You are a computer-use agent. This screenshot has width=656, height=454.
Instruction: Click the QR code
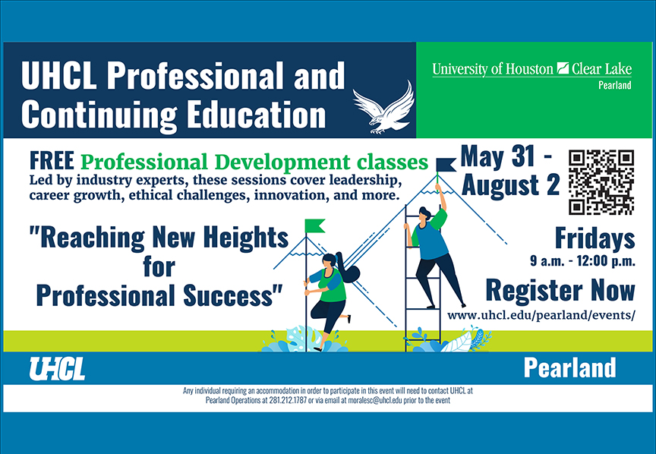point(601,182)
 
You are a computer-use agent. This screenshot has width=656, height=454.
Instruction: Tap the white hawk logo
point(383,108)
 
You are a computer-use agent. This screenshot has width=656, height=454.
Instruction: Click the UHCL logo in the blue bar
point(57,369)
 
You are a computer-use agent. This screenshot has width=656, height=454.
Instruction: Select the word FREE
point(52,161)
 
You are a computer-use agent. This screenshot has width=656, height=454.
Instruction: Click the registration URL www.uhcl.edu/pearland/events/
point(541,315)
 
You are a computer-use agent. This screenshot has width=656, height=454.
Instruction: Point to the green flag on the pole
point(314,225)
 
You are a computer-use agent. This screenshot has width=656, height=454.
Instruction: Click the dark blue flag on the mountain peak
point(446,165)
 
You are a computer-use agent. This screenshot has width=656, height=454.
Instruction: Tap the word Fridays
point(595,239)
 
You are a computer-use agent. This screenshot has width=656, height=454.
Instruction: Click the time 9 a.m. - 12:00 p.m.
point(583,261)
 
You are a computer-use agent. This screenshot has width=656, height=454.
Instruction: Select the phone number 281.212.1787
point(288,400)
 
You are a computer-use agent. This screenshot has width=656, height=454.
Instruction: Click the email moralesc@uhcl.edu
point(375,400)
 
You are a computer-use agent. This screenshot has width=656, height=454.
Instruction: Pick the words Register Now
point(560,290)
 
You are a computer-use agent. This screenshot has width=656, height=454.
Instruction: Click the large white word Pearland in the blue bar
point(569,367)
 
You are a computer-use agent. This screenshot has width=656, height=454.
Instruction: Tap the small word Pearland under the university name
point(614,85)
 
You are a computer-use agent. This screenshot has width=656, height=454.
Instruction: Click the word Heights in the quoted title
point(245,238)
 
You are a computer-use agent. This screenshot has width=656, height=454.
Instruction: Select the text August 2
point(510,185)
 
